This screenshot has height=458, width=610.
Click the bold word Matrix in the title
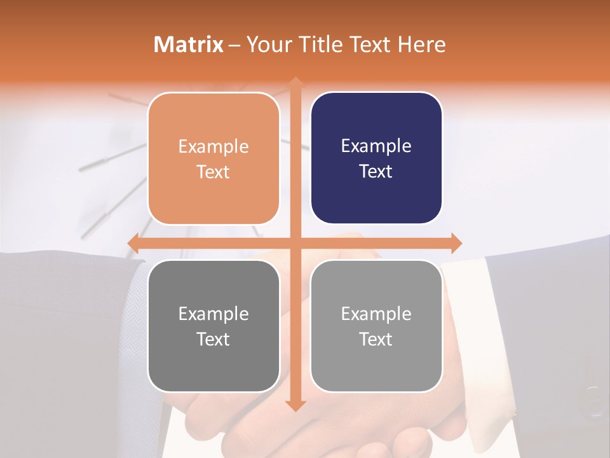[189, 45]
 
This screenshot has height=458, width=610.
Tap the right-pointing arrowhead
[456, 243]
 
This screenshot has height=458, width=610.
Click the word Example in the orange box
[213, 147]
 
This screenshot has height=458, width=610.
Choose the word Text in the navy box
[376, 172]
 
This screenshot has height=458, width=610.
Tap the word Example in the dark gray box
[213, 314]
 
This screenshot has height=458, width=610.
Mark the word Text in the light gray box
[376, 339]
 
